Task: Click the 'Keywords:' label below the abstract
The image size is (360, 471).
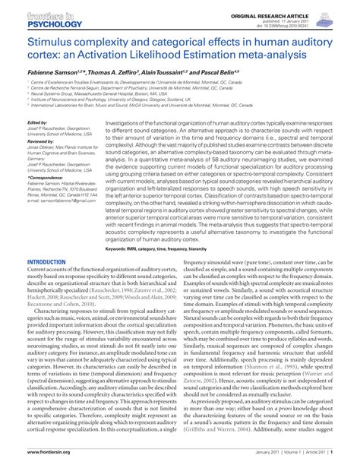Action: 120,248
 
